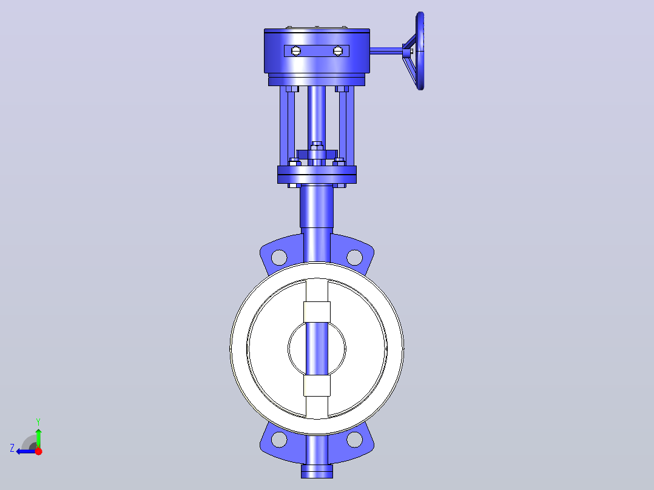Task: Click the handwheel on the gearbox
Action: (x=420, y=51)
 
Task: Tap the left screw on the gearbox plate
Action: (x=295, y=51)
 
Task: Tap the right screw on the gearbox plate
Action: (x=338, y=51)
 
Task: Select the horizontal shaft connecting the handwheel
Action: (x=386, y=51)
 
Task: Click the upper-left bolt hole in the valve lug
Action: (x=279, y=257)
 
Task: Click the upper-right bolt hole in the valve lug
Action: (x=354, y=257)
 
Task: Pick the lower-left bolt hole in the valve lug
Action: (x=279, y=440)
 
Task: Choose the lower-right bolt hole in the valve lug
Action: (x=354, y=440)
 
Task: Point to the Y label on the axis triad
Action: (x=38, y=421)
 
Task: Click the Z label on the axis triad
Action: (x=12, y=448)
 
